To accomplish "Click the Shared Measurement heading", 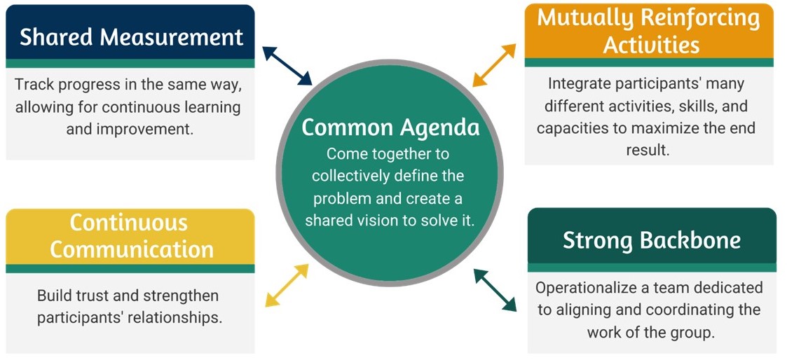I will point(131,36).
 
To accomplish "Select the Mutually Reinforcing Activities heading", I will point(648,31).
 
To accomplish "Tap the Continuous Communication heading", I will point(130,236).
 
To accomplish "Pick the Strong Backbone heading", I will point(651,240).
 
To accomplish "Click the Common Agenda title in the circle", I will point(390,127).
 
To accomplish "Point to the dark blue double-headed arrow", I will point(287,66).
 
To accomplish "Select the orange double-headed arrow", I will point(494,65).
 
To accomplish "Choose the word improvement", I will point(165,130).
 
